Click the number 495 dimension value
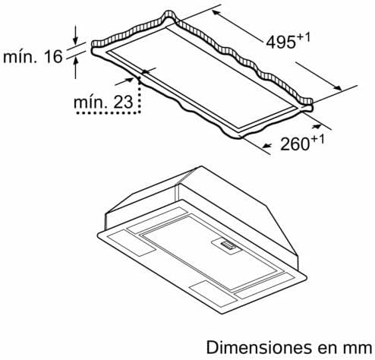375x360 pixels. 281,42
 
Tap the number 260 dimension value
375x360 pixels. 295,144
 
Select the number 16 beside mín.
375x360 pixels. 53,56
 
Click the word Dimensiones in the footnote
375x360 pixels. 259,347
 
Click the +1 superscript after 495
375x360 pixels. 304,38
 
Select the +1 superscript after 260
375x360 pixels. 317,140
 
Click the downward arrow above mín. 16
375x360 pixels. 75,35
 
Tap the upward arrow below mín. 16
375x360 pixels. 75,68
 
